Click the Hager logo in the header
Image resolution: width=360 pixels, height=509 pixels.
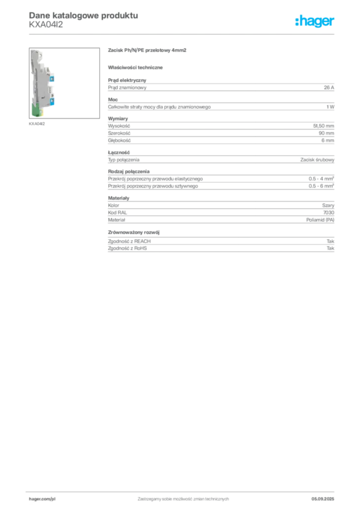(x=315, y=21)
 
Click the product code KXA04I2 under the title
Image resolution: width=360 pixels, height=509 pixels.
(x=46, y=25)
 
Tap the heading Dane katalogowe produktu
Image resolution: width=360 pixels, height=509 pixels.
(x=84, y=15)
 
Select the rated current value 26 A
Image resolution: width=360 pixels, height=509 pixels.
(x=329, y=87)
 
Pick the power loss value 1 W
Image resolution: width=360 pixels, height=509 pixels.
(x=330, y=107)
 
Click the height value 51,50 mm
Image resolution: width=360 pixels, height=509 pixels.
(x=323, y=126)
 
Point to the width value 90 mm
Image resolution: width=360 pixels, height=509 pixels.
(x=326, y=133)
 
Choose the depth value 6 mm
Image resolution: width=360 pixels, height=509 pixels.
(x=328, y=140)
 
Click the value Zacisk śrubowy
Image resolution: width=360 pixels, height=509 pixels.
(x=317, y=160)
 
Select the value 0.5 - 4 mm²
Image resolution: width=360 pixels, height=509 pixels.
(x=321, y=178)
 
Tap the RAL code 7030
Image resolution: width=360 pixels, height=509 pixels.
(x=329, y=212)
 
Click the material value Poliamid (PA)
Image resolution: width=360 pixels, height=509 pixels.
(x=320, y=220)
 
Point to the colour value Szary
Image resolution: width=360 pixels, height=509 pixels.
(x=328, y=205)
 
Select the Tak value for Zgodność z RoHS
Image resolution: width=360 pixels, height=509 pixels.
(x=330, y=248)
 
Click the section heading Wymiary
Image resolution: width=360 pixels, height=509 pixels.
(x=118, y=118)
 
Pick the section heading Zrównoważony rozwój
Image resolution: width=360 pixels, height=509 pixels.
(x=134, y=232)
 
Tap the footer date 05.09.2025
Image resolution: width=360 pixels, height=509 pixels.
(x=323, y=499)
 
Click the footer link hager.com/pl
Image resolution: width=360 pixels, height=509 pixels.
(x=42, y=499)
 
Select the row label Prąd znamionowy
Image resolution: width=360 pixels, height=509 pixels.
(x=127, y=87)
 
